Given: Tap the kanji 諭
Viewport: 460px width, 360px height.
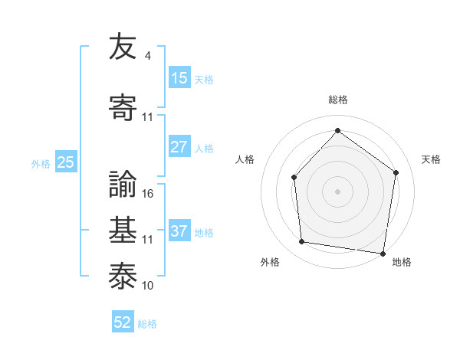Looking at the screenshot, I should click(x=123, y=182).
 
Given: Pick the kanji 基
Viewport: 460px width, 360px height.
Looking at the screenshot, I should click(x=123, y=228).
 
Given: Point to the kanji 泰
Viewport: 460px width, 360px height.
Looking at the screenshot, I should click(x=123, y=273).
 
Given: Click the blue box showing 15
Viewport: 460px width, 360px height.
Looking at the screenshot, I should click(x=179, y=78).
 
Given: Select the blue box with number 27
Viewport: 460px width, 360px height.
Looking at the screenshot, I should click(x=179, y=147).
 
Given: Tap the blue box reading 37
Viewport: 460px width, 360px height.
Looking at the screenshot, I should click(x=179, y=231).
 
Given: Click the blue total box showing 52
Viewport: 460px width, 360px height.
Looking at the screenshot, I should click(x=123, y=322).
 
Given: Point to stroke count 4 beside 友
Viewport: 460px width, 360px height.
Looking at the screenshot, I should click(x=147, y=56).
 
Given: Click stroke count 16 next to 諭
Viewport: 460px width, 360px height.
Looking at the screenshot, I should click(x=149, y=194).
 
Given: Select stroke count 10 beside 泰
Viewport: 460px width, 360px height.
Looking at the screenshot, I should click(x=149, y=285).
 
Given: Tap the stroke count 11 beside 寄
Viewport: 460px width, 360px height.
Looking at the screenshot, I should click(x=149, y=117).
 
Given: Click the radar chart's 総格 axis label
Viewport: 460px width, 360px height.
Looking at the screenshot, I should click(x=338, y=100).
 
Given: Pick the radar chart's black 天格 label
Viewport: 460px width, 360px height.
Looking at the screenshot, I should click(x=432, y=159).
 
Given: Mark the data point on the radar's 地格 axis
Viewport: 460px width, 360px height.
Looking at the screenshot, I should click(x=383, y=253).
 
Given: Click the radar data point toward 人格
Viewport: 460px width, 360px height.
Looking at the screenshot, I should click(x=294, y=178).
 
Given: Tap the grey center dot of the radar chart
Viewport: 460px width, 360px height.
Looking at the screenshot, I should click(x=337, y=191).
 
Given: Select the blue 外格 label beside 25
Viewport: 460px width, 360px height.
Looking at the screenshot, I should click(x=41, y=163).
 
